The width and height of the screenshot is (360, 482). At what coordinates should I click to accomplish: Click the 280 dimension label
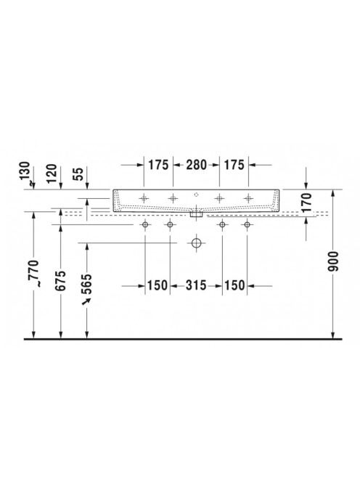pyautogui.click(x=196, y=165)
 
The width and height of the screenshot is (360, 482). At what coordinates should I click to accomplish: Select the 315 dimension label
pyautogui.click(x=196, y=285)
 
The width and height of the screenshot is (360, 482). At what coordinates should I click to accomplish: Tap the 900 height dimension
pyautogui.click(x=333, y=261)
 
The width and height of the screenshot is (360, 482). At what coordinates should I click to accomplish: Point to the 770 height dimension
pyautogui.click(x=33, y=273)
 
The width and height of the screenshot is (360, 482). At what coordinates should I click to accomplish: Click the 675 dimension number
pyautogui.click(x=60, y=280)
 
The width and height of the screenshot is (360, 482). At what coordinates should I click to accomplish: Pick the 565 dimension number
pyautogui.click(x=87, y=284)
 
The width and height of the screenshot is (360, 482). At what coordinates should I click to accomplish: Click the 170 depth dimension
pyautogui.click(x=306, y=203)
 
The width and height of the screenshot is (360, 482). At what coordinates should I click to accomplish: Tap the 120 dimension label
pyautogui.click(x=52, y=173)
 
